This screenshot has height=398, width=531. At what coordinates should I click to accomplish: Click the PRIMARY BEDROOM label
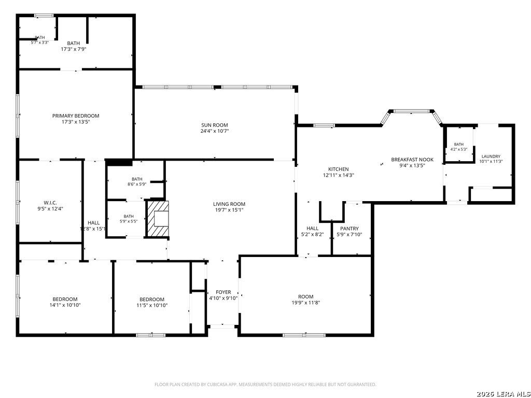76,116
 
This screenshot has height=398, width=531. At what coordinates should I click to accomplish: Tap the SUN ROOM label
215,125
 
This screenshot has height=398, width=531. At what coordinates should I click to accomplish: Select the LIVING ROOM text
229,204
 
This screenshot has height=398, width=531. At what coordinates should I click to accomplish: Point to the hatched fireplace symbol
158,219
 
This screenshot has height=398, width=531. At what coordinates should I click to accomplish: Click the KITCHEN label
338,169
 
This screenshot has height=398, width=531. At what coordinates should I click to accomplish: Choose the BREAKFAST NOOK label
412,160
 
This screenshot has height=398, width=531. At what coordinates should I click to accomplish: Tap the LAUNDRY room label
491,157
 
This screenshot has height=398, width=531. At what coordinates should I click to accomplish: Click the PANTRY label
350,229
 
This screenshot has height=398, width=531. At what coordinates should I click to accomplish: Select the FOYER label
223,292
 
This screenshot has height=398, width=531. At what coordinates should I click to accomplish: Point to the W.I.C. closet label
50,203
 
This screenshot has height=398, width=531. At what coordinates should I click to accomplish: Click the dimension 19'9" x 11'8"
306,303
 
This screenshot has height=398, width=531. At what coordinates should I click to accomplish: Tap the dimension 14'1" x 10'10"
65,305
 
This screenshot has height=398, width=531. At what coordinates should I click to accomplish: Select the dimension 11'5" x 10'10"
152,305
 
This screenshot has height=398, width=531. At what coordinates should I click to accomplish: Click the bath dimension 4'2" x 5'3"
459,149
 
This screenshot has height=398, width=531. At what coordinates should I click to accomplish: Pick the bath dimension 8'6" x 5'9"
137,184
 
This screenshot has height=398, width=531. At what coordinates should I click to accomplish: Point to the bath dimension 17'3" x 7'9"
74,49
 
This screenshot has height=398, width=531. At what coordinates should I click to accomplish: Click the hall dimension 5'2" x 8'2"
313,234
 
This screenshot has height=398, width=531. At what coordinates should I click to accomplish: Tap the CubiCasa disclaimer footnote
265,385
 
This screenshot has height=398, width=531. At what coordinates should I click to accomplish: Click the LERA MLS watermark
503,394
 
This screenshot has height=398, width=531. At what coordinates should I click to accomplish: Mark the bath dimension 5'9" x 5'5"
129,222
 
